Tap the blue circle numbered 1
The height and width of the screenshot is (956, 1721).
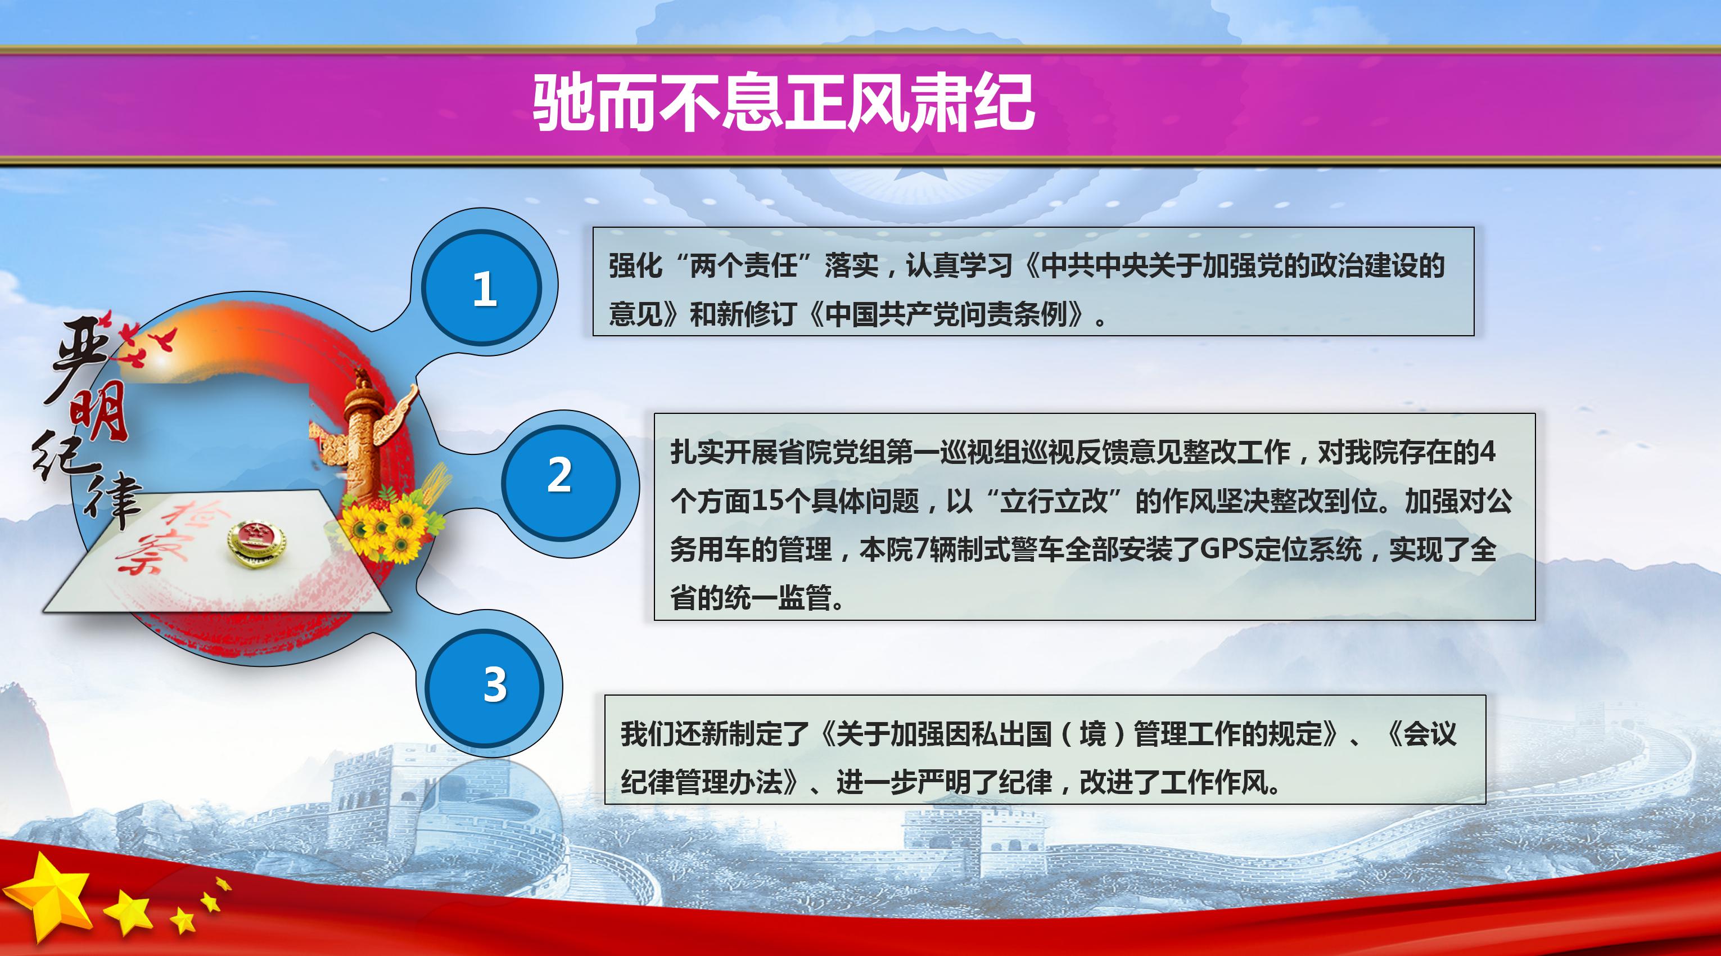point(483,288)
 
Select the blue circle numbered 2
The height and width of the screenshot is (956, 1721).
point(560,475)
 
